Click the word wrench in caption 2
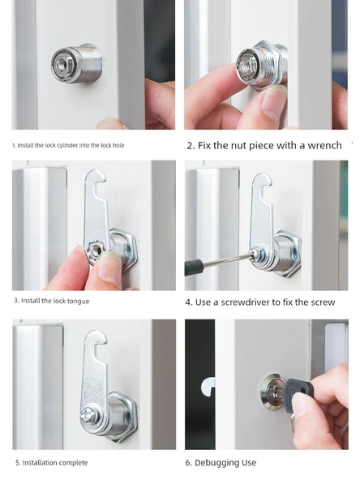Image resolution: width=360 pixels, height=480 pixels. tap(324, 145)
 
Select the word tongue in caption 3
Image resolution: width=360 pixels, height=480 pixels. tap(78, 302)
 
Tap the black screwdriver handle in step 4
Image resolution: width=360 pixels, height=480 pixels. tap(194, 266)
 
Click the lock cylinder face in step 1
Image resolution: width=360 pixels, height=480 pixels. tap(64, 65)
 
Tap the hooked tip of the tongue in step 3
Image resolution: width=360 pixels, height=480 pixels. tap(97, 177)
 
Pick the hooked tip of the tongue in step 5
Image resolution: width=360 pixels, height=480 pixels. tap(97, 337)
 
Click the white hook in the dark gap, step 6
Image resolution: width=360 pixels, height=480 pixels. tap(208, 387)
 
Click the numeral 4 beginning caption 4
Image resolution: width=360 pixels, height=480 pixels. tap(188, 302)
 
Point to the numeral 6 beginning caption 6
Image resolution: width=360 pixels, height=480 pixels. tap(188, 463)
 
